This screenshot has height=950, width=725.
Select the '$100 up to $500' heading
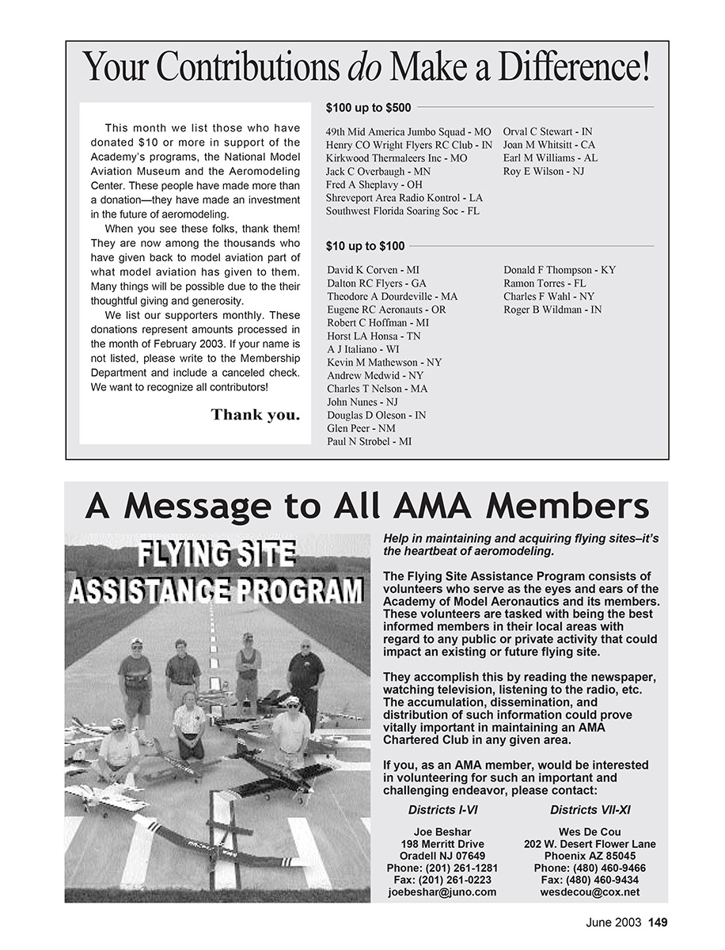click(x=368, y=108)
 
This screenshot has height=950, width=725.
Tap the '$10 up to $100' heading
click(x=365, y=246)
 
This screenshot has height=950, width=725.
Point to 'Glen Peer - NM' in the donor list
click(x=361, y=428)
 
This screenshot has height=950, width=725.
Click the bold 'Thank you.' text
click(x=256, y=415)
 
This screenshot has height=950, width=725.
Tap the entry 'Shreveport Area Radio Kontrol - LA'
click(x=404, y=198)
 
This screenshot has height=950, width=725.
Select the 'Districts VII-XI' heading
click(x=590, y=810)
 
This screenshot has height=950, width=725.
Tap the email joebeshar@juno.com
click(x=442, y=892)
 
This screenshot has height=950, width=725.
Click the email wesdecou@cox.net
click(x=590, y=892)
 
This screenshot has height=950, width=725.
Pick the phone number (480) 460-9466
click(x=590, y=868)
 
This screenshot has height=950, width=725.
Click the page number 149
click(x=658, y=921)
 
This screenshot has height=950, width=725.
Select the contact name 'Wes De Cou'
click(x=590, y=832)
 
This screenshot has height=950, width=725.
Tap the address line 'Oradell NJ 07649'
click(x=442, y=857)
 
